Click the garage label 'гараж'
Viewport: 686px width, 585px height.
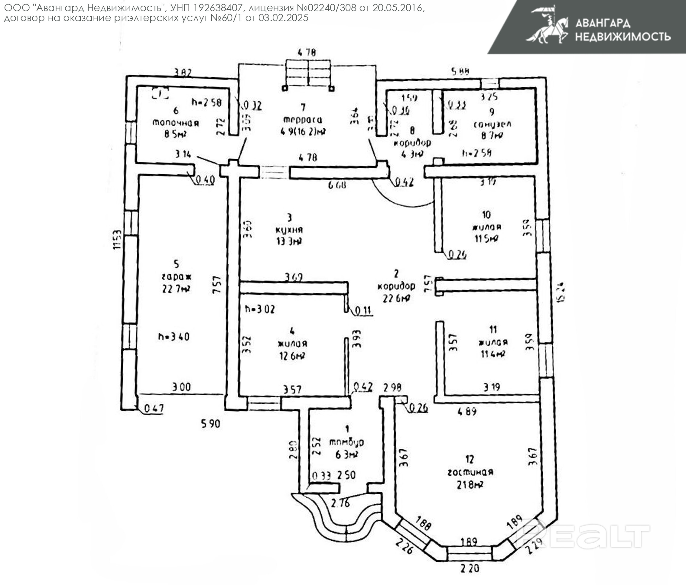(x=177, y=276)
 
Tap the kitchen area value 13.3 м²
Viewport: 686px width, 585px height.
(x=289, y=241)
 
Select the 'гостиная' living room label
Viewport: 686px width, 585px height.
(x=470, y=472)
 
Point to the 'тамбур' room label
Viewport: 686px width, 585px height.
(x=346, y=442)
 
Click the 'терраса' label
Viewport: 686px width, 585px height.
(x=303, y=119)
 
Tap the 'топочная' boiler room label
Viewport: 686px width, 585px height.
(x=175, y=123)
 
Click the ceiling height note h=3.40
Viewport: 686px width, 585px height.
(x=174, y=337)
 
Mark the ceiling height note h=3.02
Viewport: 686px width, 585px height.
(x=260, y=309)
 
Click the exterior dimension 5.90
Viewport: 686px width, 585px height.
(x=210, y=423)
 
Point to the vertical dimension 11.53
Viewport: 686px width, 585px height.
(x=117, y=240)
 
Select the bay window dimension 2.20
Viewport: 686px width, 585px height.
(x=470, y=568)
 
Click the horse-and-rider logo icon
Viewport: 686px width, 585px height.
(x=548, y=25)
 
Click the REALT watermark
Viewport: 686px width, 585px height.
(x=583, y=536)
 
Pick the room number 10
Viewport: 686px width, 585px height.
(x=486, y=215)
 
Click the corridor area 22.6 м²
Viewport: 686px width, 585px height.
(x=396, y=298)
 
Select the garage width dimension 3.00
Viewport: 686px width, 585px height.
(x=181, y=387)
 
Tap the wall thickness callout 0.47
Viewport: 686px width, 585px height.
(x=154, y=408)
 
